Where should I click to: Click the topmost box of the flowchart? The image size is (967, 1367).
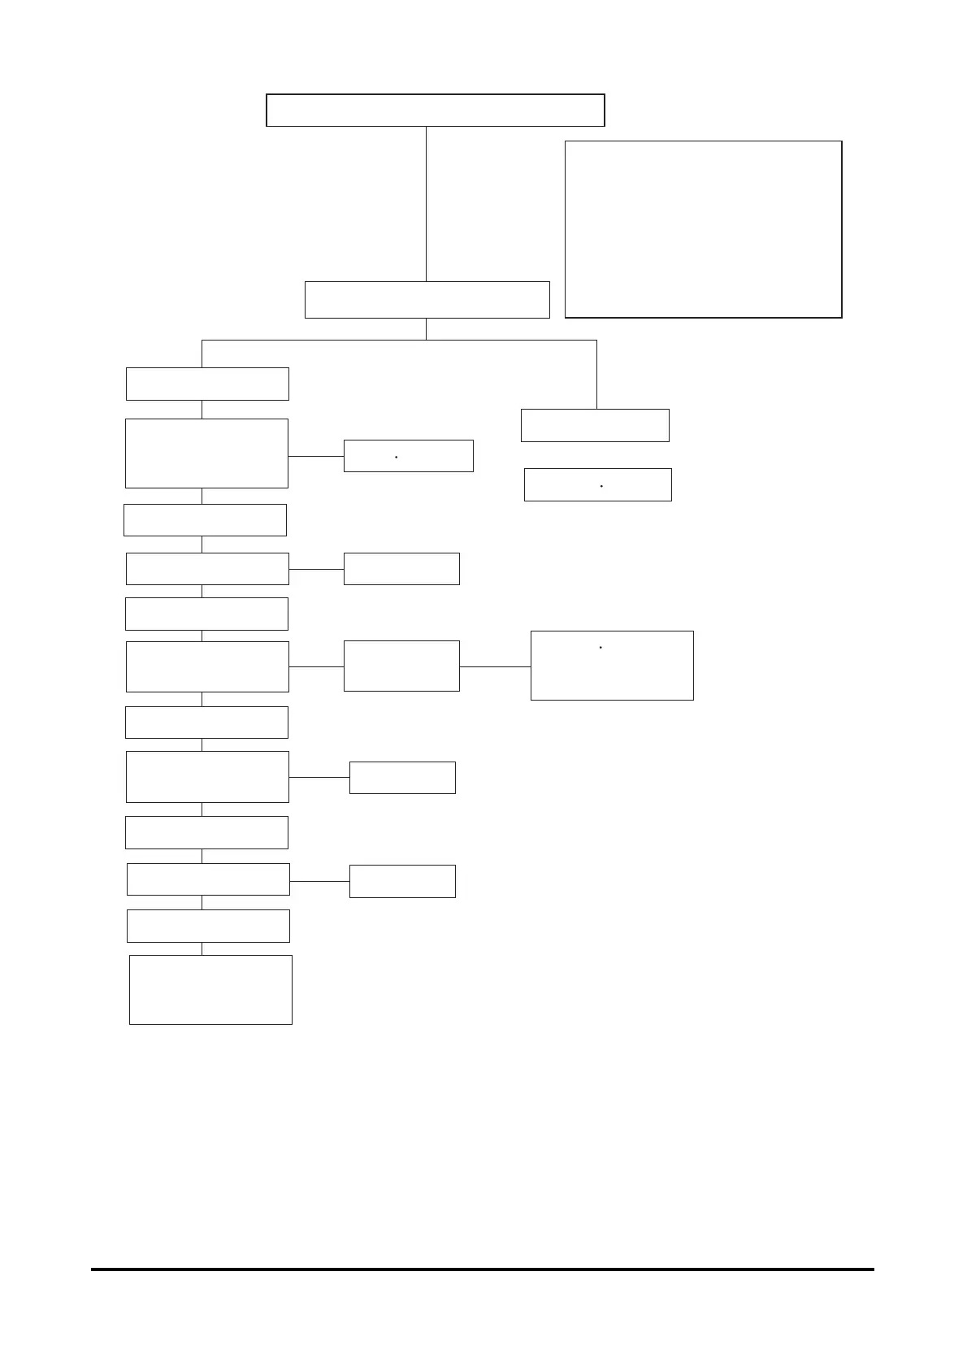click(435, 110)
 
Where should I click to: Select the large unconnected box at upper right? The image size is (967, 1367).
click(703, 229)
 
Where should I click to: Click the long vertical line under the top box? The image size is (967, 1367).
click(427, 203)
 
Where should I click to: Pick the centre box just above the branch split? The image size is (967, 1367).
click(427, 300)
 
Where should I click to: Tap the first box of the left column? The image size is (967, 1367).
click(207, 384)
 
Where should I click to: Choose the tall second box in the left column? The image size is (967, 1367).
click(206, 453)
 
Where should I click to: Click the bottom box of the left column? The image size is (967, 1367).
click(210, 989)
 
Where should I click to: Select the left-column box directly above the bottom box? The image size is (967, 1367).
click(208, 926)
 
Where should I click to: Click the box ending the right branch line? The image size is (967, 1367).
click(595, 425)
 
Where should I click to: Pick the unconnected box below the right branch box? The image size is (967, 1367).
click(598, 484)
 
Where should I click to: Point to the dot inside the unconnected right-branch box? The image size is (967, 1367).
click(601, 486)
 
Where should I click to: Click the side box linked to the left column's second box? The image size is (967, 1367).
click(408, 456)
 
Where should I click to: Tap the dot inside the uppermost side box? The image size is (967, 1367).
click(396, 458)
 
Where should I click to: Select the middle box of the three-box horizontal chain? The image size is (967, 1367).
click(401, 666)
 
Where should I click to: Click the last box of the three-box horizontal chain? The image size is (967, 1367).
click(612, 665)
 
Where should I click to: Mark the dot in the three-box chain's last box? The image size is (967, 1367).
click(601, 648)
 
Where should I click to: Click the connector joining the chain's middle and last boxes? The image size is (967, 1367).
click(495, 666)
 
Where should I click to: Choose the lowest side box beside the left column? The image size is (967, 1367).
click(402, 881)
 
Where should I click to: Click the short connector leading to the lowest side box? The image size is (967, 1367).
click(319, 881)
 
